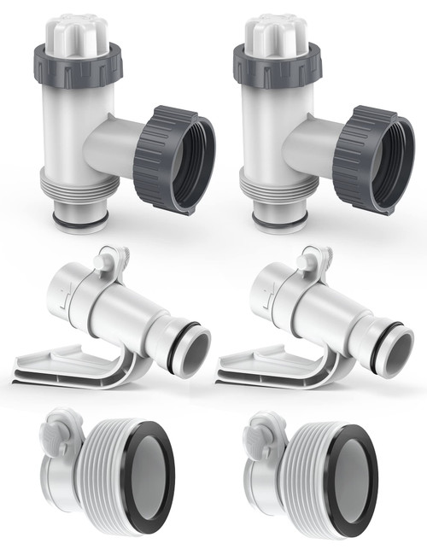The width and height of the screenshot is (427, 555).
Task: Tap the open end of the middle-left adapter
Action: pyautogui.click(x=190, y=348)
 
